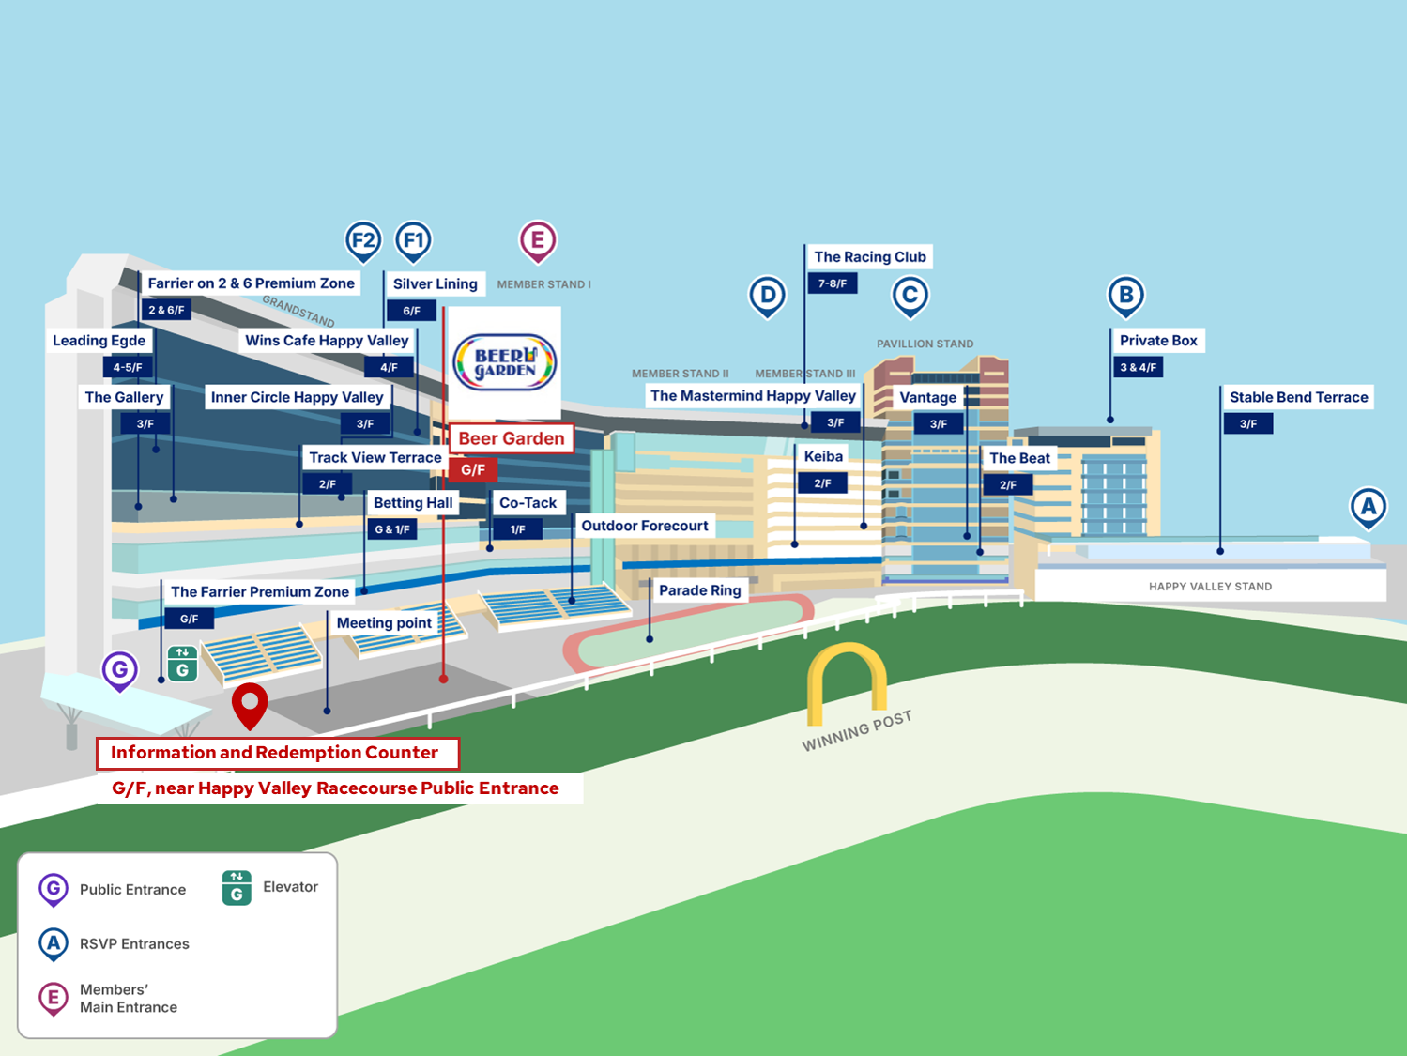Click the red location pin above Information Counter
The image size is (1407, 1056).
250,703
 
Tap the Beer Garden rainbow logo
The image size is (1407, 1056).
505,362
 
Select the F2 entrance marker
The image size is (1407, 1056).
363,241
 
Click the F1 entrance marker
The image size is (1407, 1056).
413,241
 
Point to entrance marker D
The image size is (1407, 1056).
767,296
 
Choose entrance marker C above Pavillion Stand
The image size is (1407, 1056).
910,296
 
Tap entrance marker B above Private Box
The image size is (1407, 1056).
1125,296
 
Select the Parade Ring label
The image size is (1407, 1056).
699,590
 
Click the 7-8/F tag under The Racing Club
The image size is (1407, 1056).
832,283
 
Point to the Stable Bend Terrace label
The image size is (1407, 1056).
1298,397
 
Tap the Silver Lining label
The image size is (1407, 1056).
435,283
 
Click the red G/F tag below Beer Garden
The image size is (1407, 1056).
473,469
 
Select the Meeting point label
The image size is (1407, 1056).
384,622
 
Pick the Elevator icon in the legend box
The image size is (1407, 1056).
237,887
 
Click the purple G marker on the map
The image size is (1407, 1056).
120,670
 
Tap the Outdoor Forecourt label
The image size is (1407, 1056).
645,526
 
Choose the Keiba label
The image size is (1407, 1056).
823,456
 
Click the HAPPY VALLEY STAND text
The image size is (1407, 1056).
1210,587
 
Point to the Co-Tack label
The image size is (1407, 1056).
528,502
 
